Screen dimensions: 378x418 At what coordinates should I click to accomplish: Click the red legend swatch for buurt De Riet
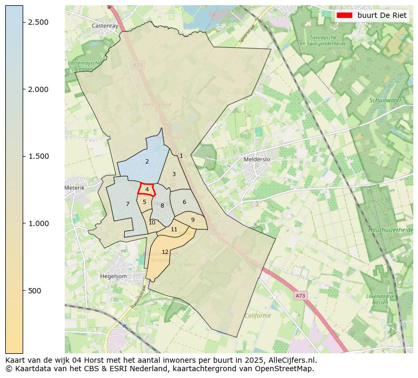pyautogui.click(x=344, y=15)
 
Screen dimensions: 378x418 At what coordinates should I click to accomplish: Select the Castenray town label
pyautogui.click(x=104, y=25)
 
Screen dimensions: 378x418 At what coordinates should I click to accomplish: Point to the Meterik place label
pyautogui.click(x=74, y=188)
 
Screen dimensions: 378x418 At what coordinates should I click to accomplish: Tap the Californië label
pyautogui.click(x=257, y=315)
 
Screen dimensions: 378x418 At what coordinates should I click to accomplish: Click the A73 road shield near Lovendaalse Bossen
pyautogui.click(x=300, y=296)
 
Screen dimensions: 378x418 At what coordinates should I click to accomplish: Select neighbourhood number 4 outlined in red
pyautogui.click(x=147, y=189)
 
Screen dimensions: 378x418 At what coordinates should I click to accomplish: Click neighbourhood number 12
pyautogui.click(x=165, y=252)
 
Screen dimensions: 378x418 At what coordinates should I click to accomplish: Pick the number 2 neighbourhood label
pyautogui.click(x=147, y=161)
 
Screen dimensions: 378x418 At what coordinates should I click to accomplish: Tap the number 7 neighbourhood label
pyautogui.click(x=127, y=204)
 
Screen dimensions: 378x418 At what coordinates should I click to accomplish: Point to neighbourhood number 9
pyautogui.click(x=193, y=220)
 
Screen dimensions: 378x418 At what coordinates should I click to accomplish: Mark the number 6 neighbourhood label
pyautogui.click(x=184, y=202)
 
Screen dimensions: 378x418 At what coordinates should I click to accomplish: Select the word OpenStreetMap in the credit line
pyautogui.click(x=286, y=369)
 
